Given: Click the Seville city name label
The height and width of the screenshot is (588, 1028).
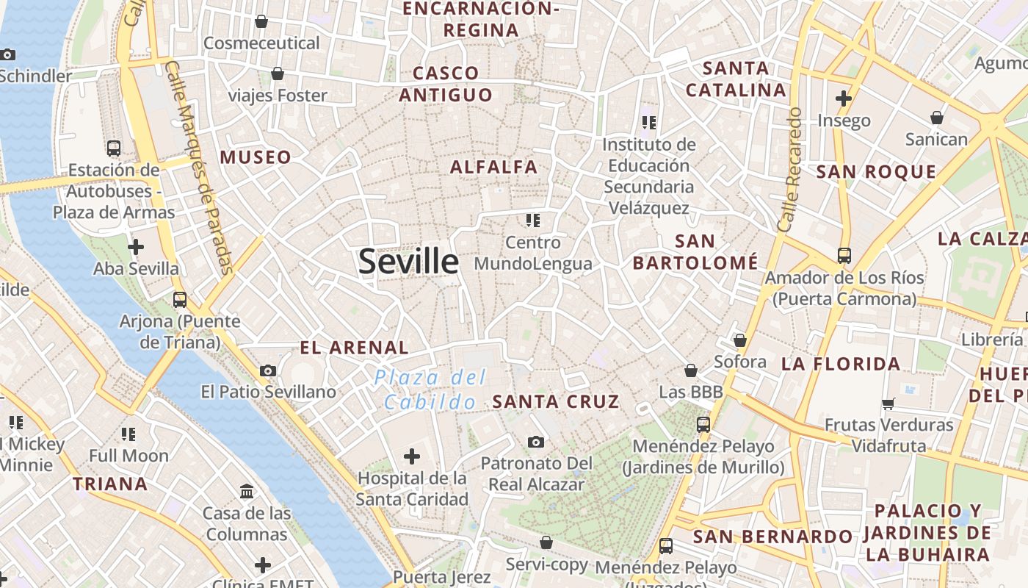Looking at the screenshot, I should (408, 262).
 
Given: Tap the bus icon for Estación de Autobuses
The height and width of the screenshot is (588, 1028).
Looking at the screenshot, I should (114, 148).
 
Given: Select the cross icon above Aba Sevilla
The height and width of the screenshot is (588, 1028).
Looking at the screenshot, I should (136, 247).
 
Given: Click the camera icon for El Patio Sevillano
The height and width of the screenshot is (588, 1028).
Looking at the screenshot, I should (268, 370).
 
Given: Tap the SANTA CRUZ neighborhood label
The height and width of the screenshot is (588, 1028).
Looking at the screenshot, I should (556, 401).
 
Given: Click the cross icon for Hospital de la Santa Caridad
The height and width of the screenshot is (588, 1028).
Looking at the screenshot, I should (412, 457).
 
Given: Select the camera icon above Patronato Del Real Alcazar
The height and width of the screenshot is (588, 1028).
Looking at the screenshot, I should (536, 442).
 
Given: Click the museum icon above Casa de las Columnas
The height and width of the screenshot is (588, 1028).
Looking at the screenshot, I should (247, 491).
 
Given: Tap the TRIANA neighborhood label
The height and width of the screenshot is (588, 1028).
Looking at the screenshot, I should (110, 484).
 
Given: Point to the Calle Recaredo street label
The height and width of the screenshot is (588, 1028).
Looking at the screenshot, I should (791, 171).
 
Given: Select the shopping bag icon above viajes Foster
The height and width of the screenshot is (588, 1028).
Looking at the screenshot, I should (278, 73).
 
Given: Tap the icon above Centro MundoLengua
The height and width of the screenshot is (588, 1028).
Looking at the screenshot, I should (533, 220).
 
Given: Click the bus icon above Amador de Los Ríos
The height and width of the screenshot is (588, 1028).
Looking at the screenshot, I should (844, 256).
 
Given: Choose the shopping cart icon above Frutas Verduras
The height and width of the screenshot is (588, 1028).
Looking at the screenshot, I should (888, 403).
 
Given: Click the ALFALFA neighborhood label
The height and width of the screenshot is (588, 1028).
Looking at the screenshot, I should (494, 167).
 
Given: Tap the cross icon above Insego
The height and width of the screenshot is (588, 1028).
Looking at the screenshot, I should (844, 98).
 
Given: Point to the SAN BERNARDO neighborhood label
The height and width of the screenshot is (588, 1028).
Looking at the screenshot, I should (772, 537).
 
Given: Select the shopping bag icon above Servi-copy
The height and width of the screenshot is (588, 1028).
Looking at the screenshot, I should (546, 542).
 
